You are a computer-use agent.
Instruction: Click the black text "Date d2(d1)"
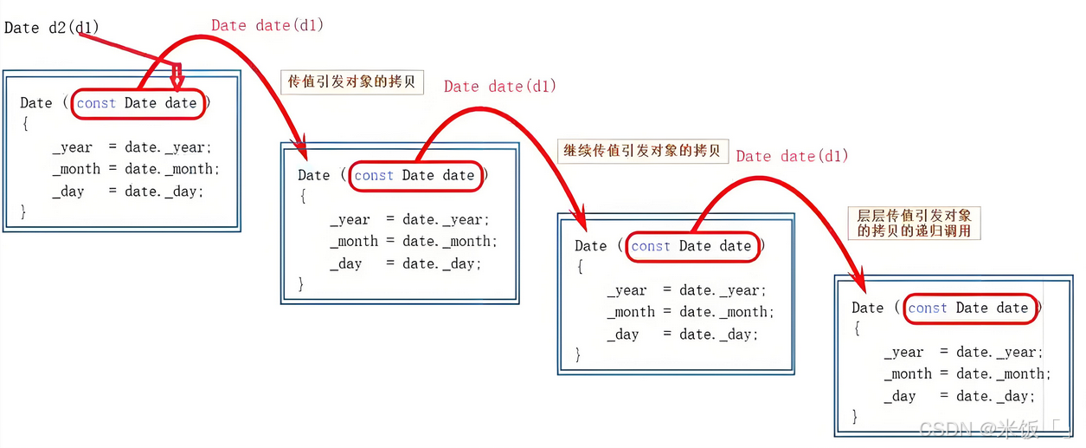coord(52,28)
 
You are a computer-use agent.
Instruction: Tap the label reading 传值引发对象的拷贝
coord(351,82)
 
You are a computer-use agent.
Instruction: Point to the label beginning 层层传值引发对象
coord(915,223)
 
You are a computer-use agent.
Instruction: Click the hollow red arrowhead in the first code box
coord(177,79)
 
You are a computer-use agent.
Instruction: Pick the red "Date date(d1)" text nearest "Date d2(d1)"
coord(267,25)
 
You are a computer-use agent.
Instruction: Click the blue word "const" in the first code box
coord(96,103)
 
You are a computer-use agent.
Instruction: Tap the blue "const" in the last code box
coord(928,308)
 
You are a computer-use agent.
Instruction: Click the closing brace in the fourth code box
coord(856,417)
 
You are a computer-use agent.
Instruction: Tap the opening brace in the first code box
coord(25,125)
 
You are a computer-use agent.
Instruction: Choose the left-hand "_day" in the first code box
coord(67,191)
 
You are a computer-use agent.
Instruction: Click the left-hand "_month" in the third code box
coord(631,312)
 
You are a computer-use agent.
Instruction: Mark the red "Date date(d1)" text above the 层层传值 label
coord(792,156)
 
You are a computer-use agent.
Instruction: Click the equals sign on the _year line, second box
coord(390,219)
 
